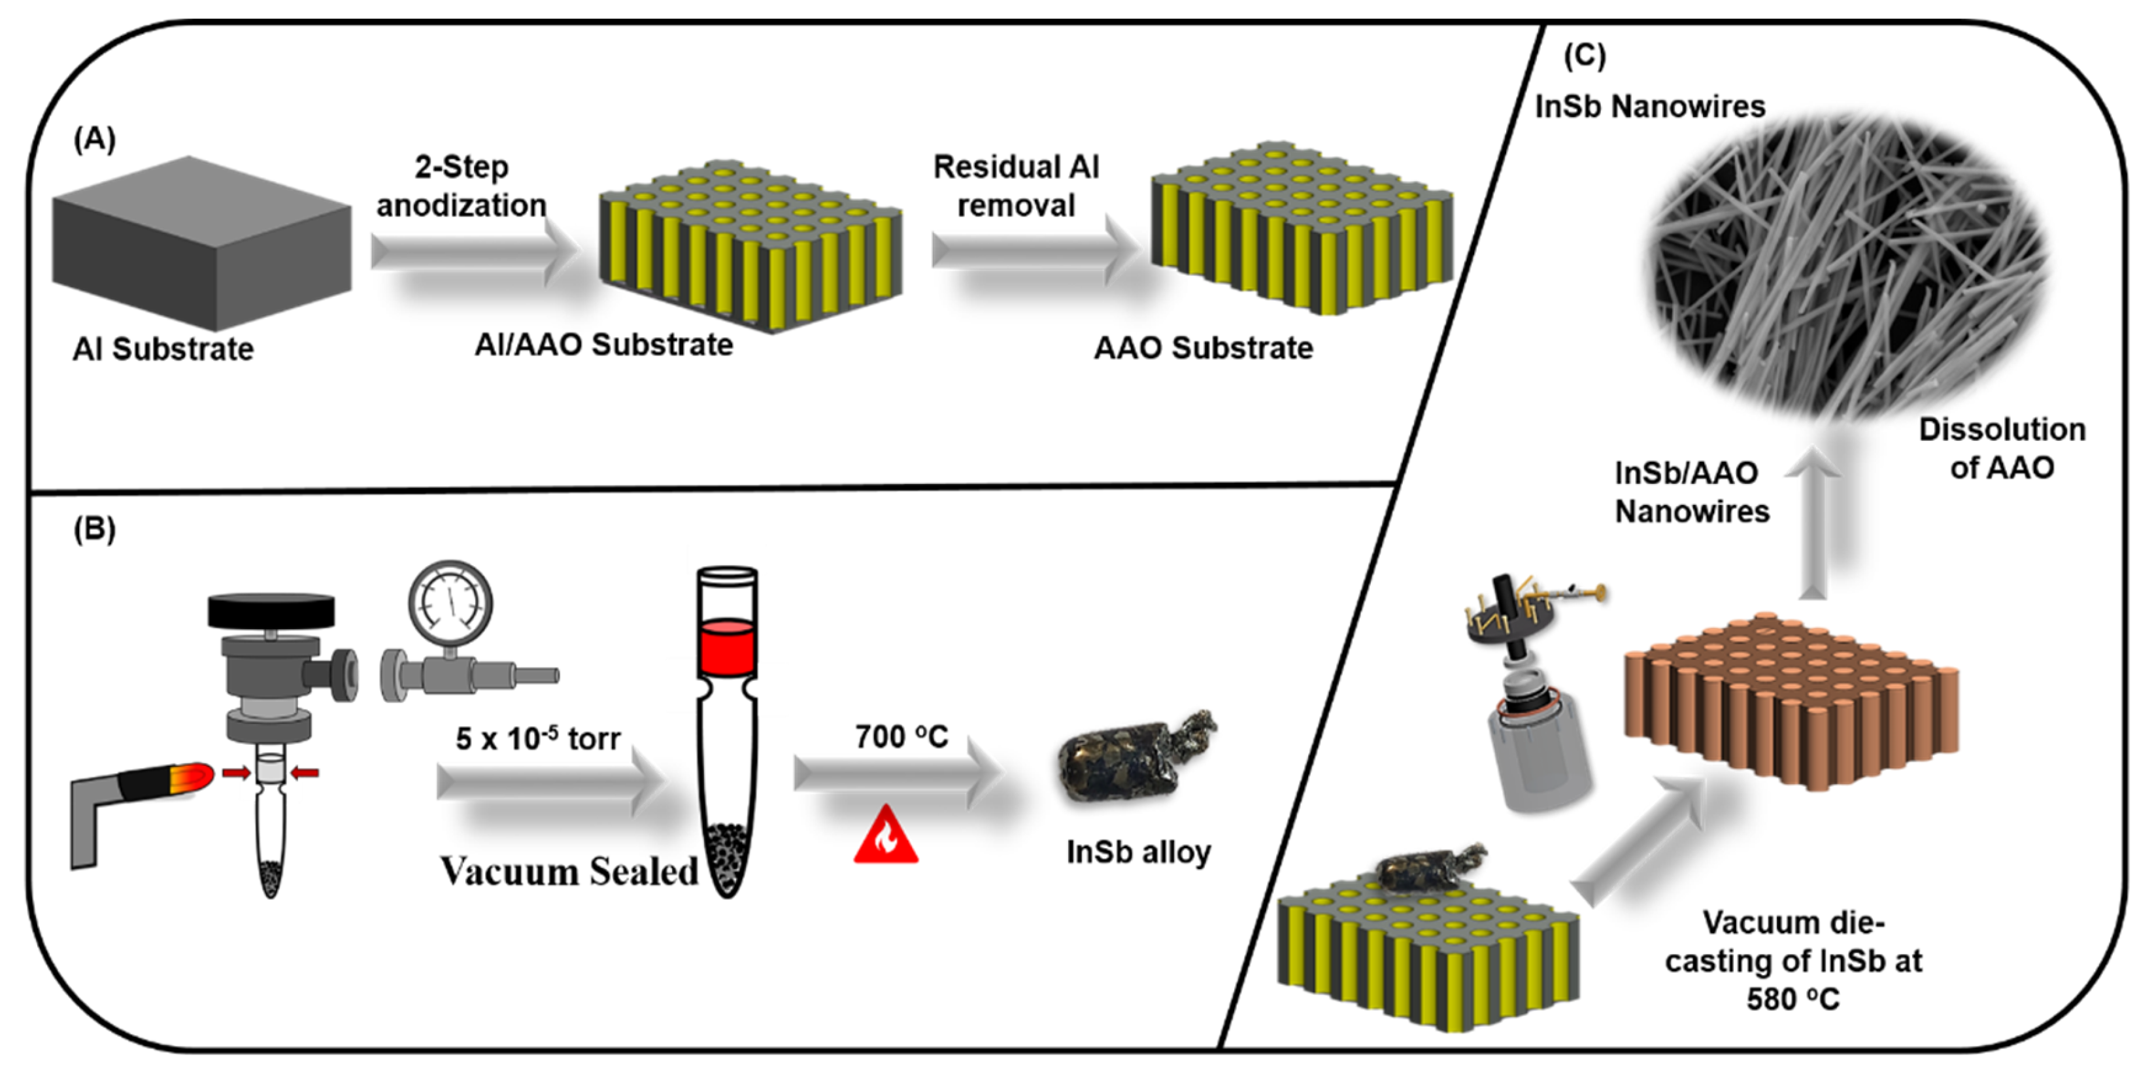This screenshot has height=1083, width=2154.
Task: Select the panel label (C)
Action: point(1584,56)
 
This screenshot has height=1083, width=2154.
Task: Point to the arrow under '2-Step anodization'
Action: point(473,251)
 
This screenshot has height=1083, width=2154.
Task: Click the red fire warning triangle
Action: point(886,836)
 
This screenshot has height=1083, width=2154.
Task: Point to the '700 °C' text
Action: point(901,737)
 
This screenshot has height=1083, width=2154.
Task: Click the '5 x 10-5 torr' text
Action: point(537,738)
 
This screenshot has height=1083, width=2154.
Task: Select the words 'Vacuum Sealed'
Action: point(569,871)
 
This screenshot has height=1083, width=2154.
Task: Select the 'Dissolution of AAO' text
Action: point(2001,448)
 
